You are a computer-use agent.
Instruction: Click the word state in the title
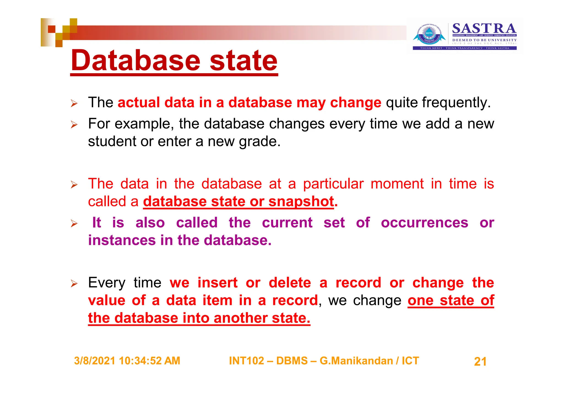pos(243,61)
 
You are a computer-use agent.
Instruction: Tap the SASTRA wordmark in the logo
pos(484,28)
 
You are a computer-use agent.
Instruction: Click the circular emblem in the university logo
pos(429,35)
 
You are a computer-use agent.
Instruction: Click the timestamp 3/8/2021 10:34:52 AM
pos(127,361)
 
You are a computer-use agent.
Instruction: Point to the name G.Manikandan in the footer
pos(356,361)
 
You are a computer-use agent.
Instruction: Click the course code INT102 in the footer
pos(246,361)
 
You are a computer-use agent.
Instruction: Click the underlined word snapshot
pos(301,201)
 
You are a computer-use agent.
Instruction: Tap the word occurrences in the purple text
pos(424,223)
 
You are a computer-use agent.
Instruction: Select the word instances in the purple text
pos(122,240)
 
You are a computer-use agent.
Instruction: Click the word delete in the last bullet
pos(290,283)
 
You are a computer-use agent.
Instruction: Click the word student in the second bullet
pos(112,141)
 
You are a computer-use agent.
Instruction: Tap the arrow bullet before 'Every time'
pos(74,283)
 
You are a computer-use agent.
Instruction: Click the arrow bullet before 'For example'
pos(74,125)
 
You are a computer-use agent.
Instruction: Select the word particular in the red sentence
pos(333,184)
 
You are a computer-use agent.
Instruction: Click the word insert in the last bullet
pos(217,283)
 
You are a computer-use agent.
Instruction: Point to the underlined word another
pos(240,318)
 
